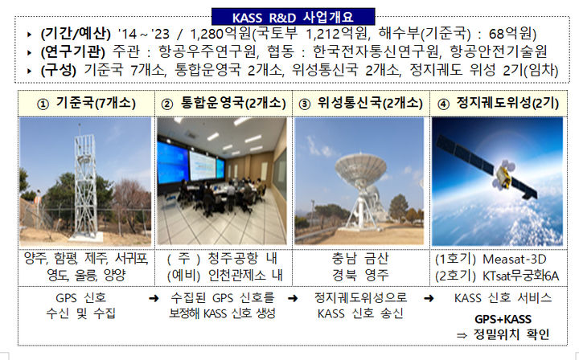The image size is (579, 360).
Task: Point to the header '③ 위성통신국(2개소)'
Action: coord(358,104)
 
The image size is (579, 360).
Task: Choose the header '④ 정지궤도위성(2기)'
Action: coord(496,104)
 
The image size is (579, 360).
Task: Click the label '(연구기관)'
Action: coord(72,52)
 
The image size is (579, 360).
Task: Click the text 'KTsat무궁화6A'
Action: coord(523,275)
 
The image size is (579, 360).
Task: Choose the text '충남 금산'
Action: coord(359,259)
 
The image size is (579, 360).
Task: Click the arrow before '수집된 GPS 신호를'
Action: coord(153,298)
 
